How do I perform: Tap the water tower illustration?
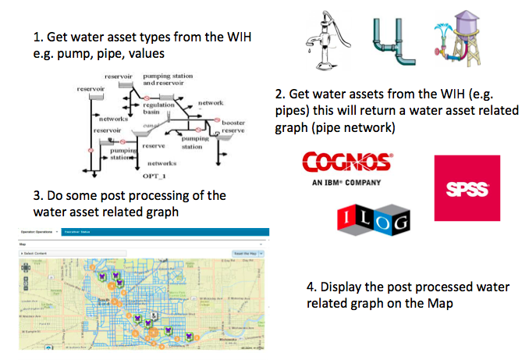click(x=456, y=35)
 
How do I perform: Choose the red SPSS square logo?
click(x=467, y=188)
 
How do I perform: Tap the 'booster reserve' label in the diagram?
click(x=233, y=127)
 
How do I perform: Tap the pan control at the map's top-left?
click(x=26, y=267)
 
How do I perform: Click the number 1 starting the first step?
click(x=37, y=37)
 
